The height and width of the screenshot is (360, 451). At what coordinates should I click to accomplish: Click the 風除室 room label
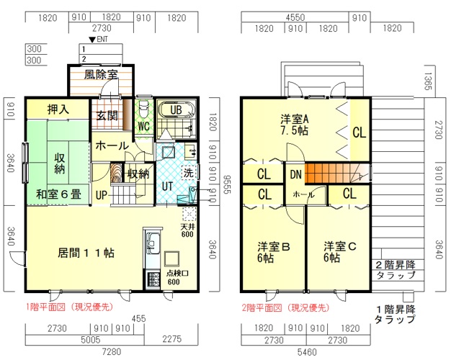[101, 75]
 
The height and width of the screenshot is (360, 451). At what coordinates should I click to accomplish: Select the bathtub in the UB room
[176, 110]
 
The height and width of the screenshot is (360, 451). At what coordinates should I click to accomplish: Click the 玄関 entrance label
[107, 116]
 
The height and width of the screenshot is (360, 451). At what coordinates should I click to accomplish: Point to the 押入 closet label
[58, 109]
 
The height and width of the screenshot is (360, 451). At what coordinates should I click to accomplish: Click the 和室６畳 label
[58, 194]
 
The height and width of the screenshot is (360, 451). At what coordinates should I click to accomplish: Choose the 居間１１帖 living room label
[86, 253]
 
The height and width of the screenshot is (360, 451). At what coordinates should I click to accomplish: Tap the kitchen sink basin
[153, 243]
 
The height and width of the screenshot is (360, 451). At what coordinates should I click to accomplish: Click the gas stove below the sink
[153, 279]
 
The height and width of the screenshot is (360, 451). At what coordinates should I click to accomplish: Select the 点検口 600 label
[176, 277]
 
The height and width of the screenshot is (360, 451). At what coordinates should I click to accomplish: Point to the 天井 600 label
[187, 230]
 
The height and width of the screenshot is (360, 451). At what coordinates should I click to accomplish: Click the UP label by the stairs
[101, 196]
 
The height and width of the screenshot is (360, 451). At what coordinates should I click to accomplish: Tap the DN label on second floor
[295, 174]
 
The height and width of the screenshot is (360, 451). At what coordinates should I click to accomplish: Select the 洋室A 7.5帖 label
[295, 125]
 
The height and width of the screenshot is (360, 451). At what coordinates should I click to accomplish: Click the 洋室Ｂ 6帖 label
[274, 252]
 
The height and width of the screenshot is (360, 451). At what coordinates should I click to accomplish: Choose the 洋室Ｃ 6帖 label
[339, 252]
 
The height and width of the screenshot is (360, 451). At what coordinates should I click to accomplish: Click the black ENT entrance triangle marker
[92, 40]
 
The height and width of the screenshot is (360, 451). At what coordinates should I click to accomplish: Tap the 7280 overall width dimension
[112, 351]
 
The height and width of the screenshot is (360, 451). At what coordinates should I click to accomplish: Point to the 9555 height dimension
[227, 184]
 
